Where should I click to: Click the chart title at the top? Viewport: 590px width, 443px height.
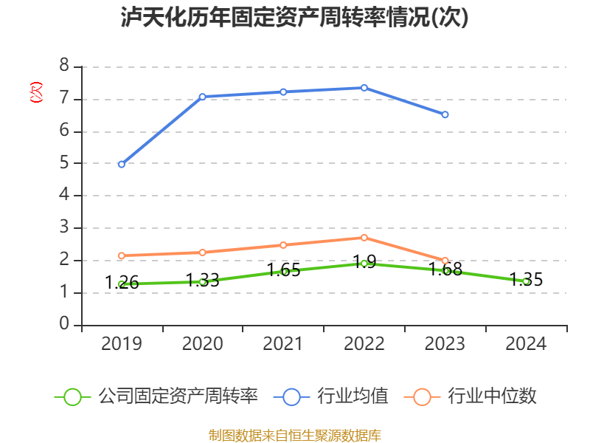click(295, 18)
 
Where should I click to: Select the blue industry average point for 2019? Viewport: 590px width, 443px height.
click(122, 164)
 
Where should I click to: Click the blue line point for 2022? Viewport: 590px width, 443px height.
click(364, 88)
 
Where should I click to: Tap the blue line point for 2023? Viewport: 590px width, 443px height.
click(445, 114)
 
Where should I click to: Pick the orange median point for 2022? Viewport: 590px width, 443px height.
click(364, 237)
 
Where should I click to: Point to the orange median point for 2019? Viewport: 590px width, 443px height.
click(122, 255)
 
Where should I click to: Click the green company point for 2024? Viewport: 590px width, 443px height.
click(526, 281)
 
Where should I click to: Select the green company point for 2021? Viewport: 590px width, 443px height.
click(283, 271)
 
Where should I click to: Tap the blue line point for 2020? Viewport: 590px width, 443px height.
click(202, 97)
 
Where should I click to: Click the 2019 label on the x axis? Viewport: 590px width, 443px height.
click(122, 344)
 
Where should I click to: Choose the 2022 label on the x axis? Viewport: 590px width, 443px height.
click(364, 344)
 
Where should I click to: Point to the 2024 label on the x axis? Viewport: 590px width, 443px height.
click(526, 344)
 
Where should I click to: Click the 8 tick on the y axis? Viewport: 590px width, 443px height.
click(64, 66)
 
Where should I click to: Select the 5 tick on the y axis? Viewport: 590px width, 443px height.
click(64, 164)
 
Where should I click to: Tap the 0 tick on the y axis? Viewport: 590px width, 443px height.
click(64, 325)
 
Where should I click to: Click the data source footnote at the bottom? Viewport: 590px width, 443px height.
click(295, 435)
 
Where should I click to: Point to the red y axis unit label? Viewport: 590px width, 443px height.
click(35, 92)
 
